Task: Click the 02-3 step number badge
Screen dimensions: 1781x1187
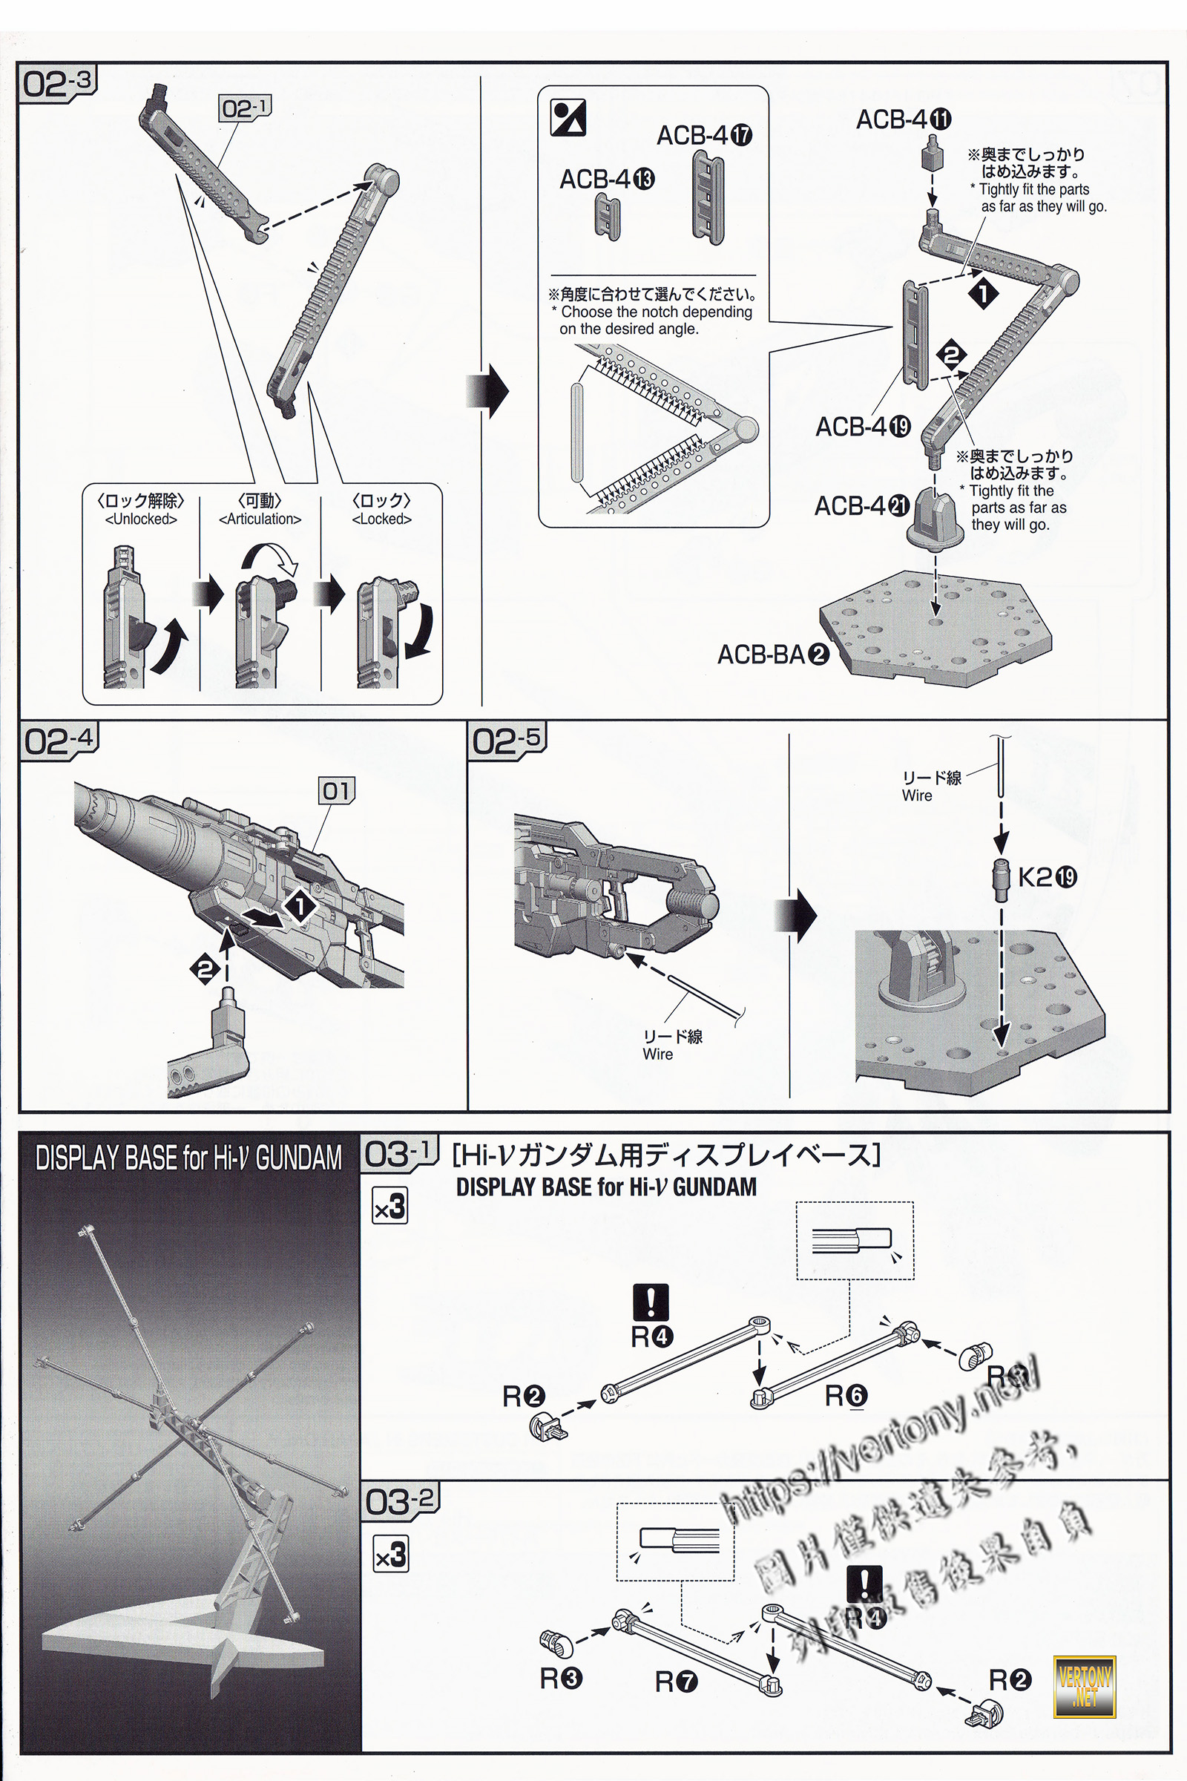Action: pos(59,83)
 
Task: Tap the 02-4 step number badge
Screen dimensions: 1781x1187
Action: pos(59,741)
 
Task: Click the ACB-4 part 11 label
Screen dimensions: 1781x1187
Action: pos(903,119)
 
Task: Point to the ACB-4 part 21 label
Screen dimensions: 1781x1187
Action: pos(861,506)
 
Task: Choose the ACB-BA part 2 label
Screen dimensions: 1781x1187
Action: pos(773,655)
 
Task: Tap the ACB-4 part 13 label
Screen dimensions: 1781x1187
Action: pos(607,180)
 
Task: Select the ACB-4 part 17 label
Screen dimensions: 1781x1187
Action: pos(704,137)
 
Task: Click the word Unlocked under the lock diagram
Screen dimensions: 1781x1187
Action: pos(141,519)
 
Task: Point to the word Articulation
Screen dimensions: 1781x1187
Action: pos(260,519)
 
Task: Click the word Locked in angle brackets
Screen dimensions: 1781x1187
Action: pos(381,519)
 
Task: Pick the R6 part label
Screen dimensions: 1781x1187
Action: pos(846,1396)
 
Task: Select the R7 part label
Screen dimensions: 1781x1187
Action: pos(676,1682)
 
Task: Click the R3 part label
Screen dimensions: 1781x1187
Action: pos(561,1679)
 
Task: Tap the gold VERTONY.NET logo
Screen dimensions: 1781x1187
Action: pos(1085,1687)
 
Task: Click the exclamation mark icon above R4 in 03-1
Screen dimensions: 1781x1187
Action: pos(651,1302)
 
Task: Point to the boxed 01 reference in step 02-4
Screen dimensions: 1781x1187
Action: pos(336,791)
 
